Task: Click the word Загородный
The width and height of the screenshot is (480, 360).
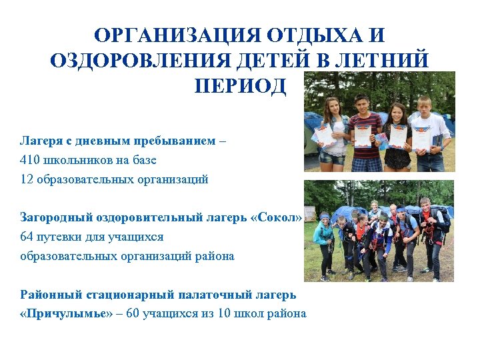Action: point(51,218)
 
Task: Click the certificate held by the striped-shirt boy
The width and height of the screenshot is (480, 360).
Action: point(362,135)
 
